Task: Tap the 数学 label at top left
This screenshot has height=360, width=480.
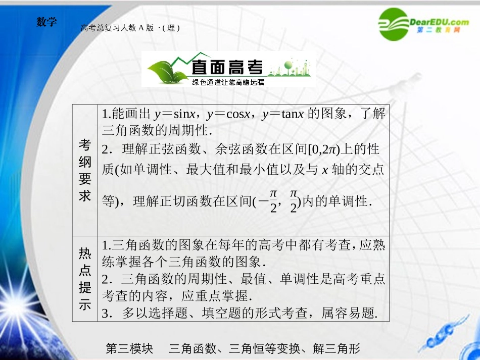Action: [47, 22]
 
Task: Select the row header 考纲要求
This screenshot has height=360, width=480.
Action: [85, 170]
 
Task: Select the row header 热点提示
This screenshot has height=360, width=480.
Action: [85, 278]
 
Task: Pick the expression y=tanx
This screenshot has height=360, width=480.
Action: [282, 114]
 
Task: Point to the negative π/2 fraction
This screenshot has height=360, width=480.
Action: [269, 201]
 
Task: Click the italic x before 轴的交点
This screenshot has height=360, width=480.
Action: [324, 170]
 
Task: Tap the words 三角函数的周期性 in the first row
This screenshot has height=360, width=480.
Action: [155, 130]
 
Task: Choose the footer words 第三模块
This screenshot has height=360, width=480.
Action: [129, 348]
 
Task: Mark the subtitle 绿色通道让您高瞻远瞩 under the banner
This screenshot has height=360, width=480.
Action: [228, 82]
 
